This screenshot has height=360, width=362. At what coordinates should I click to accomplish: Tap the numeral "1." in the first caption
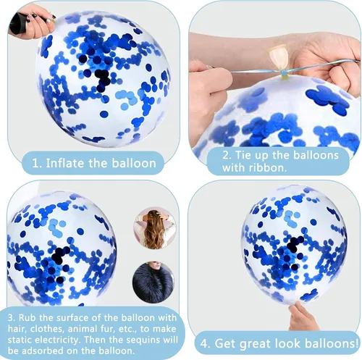click(x=37, y=163)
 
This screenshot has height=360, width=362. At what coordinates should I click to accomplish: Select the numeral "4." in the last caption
click(x=206, y=343)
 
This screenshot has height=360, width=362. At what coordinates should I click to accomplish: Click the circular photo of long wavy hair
click(x=155, y=227)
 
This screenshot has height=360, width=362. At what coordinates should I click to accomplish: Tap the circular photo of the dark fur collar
click(x=153, y=282)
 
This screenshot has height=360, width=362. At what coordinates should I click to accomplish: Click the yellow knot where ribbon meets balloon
click(x=284, y=73)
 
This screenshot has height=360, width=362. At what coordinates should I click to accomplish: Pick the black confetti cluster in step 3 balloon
click(x=59, y=256)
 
